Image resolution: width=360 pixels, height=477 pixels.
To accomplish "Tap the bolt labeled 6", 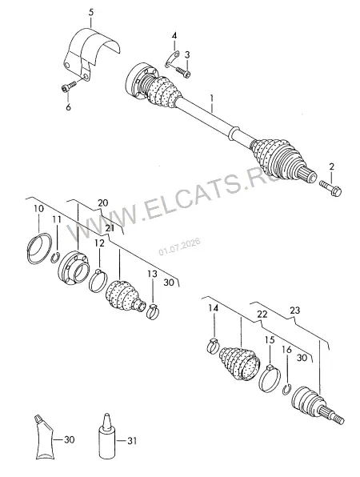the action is click(x=68, y=86).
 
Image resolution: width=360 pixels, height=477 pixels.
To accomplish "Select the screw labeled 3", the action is click(x=183, y=72).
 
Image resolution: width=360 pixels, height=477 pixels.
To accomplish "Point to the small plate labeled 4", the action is click(x=172, y=59).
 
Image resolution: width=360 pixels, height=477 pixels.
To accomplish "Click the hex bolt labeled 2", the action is click(x=330, y=188).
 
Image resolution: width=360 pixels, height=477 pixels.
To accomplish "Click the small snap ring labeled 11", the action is click(x=55, y=258).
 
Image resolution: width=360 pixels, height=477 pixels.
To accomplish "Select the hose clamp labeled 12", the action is click(x=98, y=280).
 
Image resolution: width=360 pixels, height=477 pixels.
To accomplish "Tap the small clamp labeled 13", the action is click(x=153, y=311).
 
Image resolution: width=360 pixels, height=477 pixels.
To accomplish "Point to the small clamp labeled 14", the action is click(x=213, y=346).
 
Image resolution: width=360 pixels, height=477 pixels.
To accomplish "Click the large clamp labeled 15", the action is click(x=270, y=379).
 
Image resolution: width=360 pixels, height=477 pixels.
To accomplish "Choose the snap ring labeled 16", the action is click(x=286, y=390).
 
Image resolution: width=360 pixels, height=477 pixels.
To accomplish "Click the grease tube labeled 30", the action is click(x=44, y=439).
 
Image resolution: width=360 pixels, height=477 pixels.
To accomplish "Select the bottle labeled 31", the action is click(x=107, y=437).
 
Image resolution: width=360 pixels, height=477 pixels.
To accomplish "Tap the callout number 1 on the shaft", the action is click(x=212, y=103).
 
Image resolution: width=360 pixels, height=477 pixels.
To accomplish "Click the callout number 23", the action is click(x=294, y=311).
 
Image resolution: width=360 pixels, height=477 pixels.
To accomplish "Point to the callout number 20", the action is click(x=102, y=202).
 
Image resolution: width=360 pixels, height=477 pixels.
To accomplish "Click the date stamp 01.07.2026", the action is click(x=179, y=247).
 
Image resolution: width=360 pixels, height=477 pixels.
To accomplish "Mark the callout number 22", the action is click(x=262, y=315).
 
